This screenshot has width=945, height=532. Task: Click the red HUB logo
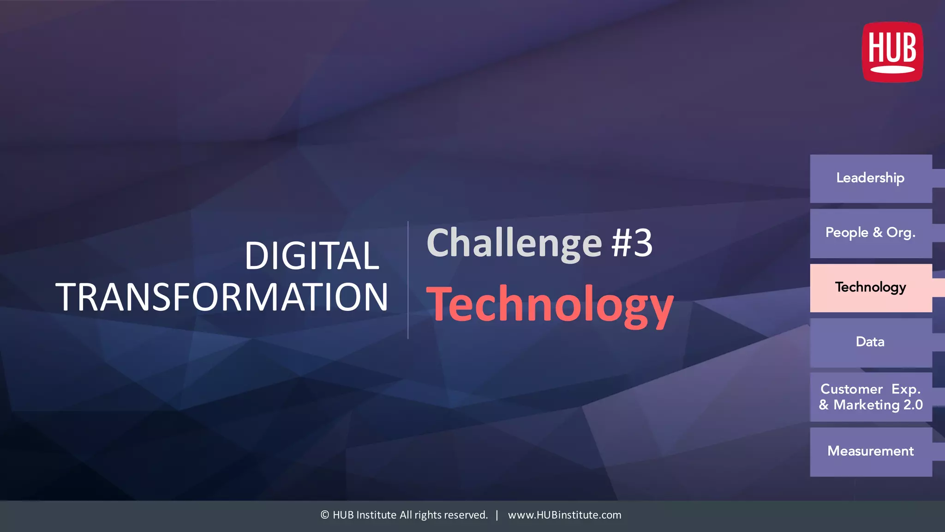pos(892,52)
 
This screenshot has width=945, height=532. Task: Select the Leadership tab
pos(870,178)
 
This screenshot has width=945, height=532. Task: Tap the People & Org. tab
pos(870,233)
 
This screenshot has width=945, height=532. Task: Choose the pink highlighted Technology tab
pos(870,288)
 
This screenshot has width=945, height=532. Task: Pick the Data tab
pos(870,342)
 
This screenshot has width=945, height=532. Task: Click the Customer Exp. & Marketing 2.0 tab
pos(870,397)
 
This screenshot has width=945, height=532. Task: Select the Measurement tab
pos(870,451)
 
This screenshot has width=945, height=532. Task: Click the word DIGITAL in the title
pos(312,256)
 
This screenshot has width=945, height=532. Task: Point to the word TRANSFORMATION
pos(222,297)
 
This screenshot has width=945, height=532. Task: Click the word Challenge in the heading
pos(514,244)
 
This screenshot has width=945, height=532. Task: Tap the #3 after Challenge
pos(632,243)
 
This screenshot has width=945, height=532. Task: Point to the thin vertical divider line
pos(408,280)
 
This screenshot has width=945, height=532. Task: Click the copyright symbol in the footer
pos(325,515)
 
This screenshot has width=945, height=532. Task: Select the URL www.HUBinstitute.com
pos(564,515)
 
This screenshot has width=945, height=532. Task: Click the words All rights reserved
pos(443,515)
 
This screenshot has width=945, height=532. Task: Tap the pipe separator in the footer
pos(497,515)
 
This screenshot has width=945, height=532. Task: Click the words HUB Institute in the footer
pos(365,515)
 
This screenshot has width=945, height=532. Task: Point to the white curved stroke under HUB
pos(892,70)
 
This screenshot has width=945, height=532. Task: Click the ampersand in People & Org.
pos(877,233)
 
